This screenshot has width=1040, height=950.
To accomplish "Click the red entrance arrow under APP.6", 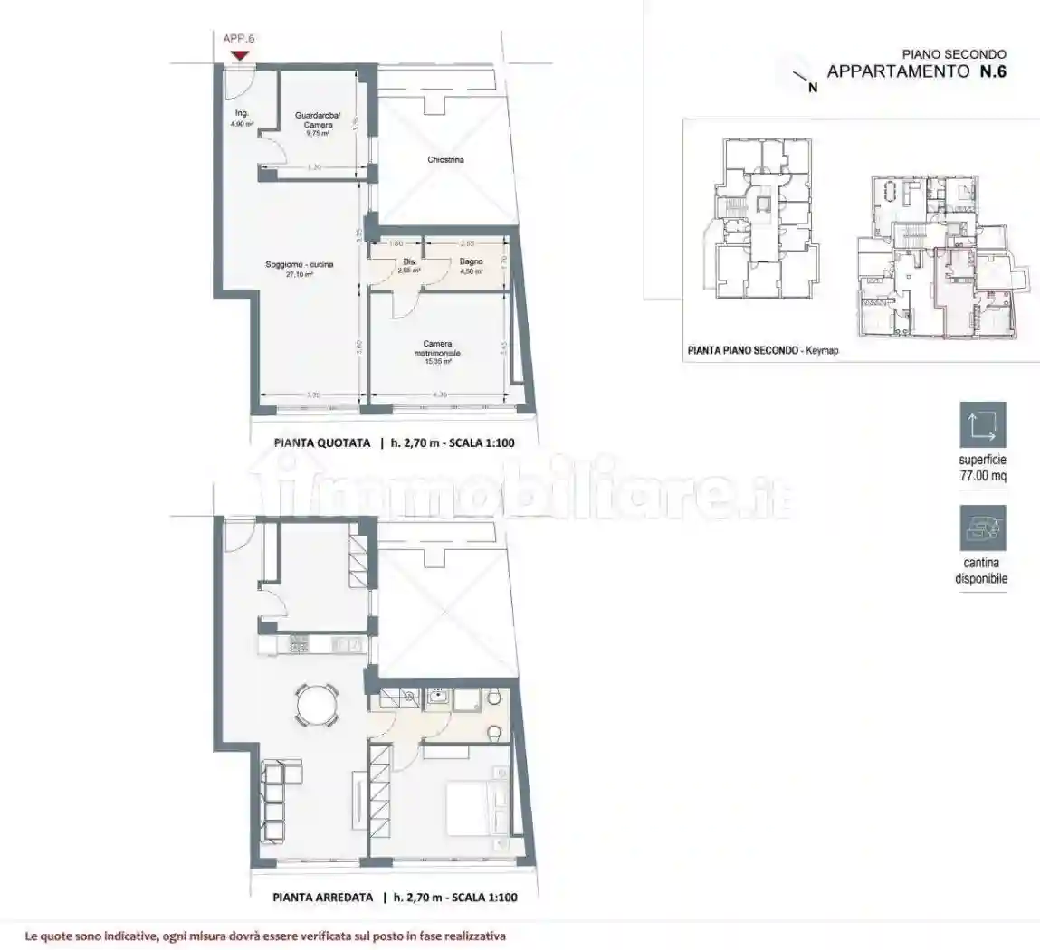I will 239,56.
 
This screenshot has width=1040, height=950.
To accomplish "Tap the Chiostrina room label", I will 446,160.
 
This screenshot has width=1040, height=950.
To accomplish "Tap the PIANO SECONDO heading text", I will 954,54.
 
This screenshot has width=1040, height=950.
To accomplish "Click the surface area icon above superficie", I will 982,425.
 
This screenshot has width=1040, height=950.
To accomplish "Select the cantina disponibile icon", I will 982,528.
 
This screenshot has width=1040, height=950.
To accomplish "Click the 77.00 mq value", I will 982,475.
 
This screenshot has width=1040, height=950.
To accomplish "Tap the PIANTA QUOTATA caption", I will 323,443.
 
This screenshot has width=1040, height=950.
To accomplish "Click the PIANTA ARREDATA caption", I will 323,898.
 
